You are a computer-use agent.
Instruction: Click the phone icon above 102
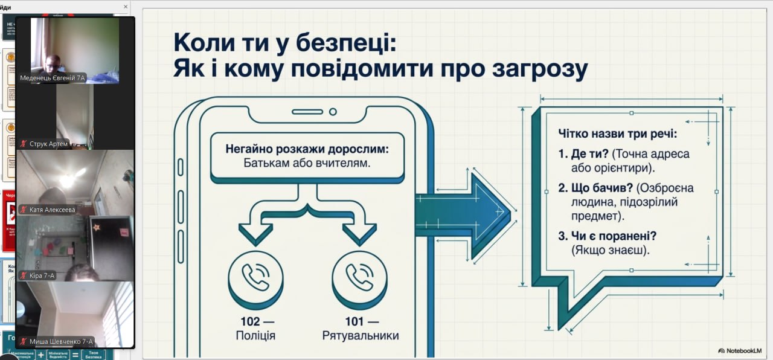click(x=255, y=277)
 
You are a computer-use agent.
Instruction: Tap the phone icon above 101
click(x=359, y=277)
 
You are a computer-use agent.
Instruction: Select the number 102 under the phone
click(x=249, y=322)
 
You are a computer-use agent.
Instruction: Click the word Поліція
click(x=255, y=336)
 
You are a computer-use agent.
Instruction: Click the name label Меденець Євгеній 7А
click(x=53, y=78)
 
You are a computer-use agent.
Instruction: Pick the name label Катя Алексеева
click(x=52, y=210)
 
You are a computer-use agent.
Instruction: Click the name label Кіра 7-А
click(x=42, y=276)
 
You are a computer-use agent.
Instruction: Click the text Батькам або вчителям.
click(x=307, y=163)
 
